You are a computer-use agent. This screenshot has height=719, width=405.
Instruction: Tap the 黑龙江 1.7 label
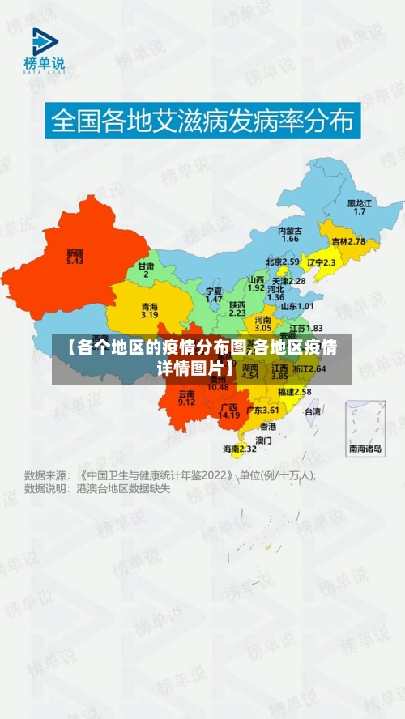(360, 206)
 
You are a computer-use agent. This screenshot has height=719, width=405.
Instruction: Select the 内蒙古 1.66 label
(290, 235)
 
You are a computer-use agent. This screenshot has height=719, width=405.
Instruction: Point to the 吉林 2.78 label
(348, 241)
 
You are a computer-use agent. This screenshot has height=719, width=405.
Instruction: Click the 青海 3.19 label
(149, 310)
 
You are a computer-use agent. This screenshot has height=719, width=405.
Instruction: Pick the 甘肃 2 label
(146, 270)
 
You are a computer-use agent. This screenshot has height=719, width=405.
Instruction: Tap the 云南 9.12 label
(186, 398)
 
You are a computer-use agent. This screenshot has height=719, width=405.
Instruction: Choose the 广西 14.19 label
(229, 411)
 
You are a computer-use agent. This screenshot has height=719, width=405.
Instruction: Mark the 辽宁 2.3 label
(322, 262)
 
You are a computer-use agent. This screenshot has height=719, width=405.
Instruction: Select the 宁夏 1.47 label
(214, 294)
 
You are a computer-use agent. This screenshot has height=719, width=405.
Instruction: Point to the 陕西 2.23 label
(237, 308)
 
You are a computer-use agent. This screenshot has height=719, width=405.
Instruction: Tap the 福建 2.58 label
(294, 391)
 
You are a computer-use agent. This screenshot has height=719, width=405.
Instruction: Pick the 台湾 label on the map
(312, 411)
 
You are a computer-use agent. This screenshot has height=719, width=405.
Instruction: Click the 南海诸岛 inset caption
(365, 448)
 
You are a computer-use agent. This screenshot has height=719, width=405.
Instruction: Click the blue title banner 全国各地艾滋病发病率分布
(202, 122)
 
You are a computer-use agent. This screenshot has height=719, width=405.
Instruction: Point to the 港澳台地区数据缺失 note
(123, 489)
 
